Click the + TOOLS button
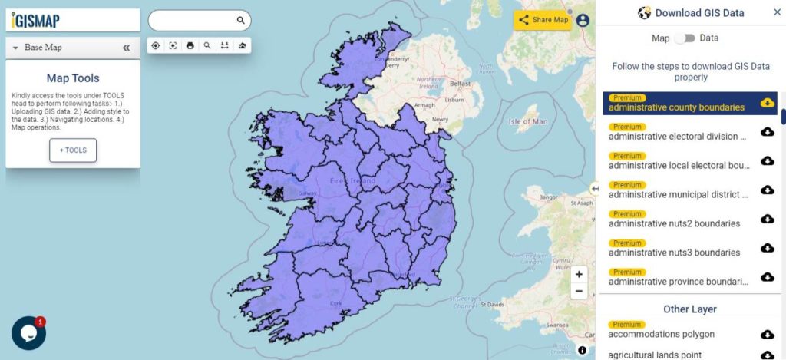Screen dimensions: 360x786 pos(73,150)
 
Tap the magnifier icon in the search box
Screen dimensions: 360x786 pos(240,21)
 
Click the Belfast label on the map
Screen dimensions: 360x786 pos(460,83)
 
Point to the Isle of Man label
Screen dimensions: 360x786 pos(528,121)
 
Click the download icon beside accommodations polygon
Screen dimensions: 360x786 pos(767,334)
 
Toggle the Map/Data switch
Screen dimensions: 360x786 pos(685,38)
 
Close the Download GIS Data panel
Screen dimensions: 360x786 pos(777,12)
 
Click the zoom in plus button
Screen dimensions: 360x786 pos(579,274)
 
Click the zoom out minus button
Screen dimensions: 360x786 pos(579,291)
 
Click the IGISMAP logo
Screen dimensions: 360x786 pos(35,21)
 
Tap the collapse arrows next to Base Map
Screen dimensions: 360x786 pos(127,48)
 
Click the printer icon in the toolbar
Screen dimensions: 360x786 pos(190,45)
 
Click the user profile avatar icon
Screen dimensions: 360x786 pos(583,21)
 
